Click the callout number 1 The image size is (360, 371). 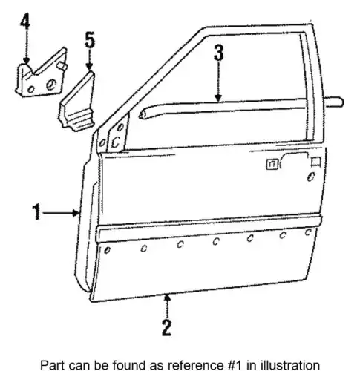[x=37, y=211]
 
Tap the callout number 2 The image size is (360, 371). [x=167, y=327]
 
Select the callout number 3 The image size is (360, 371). [x=219, y=53]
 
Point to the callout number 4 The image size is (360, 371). [x=25, y=21]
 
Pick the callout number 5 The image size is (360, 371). [x=90, y=40]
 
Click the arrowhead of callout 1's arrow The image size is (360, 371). [x=76, y=212]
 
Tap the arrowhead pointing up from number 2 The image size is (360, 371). [x=168, y=298]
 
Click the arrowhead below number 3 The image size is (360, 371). [x=218, y=98]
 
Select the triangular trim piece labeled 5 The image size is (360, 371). [x=77, y=102]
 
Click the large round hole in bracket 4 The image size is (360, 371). [x=51, y=85]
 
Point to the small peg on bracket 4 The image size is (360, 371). [x=62, y=67]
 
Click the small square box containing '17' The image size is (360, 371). [x=272, y=165]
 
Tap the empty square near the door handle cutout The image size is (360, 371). [x=316, y=162]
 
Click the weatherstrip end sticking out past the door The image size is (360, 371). [x=335, y=102]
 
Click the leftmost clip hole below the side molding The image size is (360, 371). [x=107, y=250]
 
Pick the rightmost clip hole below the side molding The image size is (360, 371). [x=308, y=232]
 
